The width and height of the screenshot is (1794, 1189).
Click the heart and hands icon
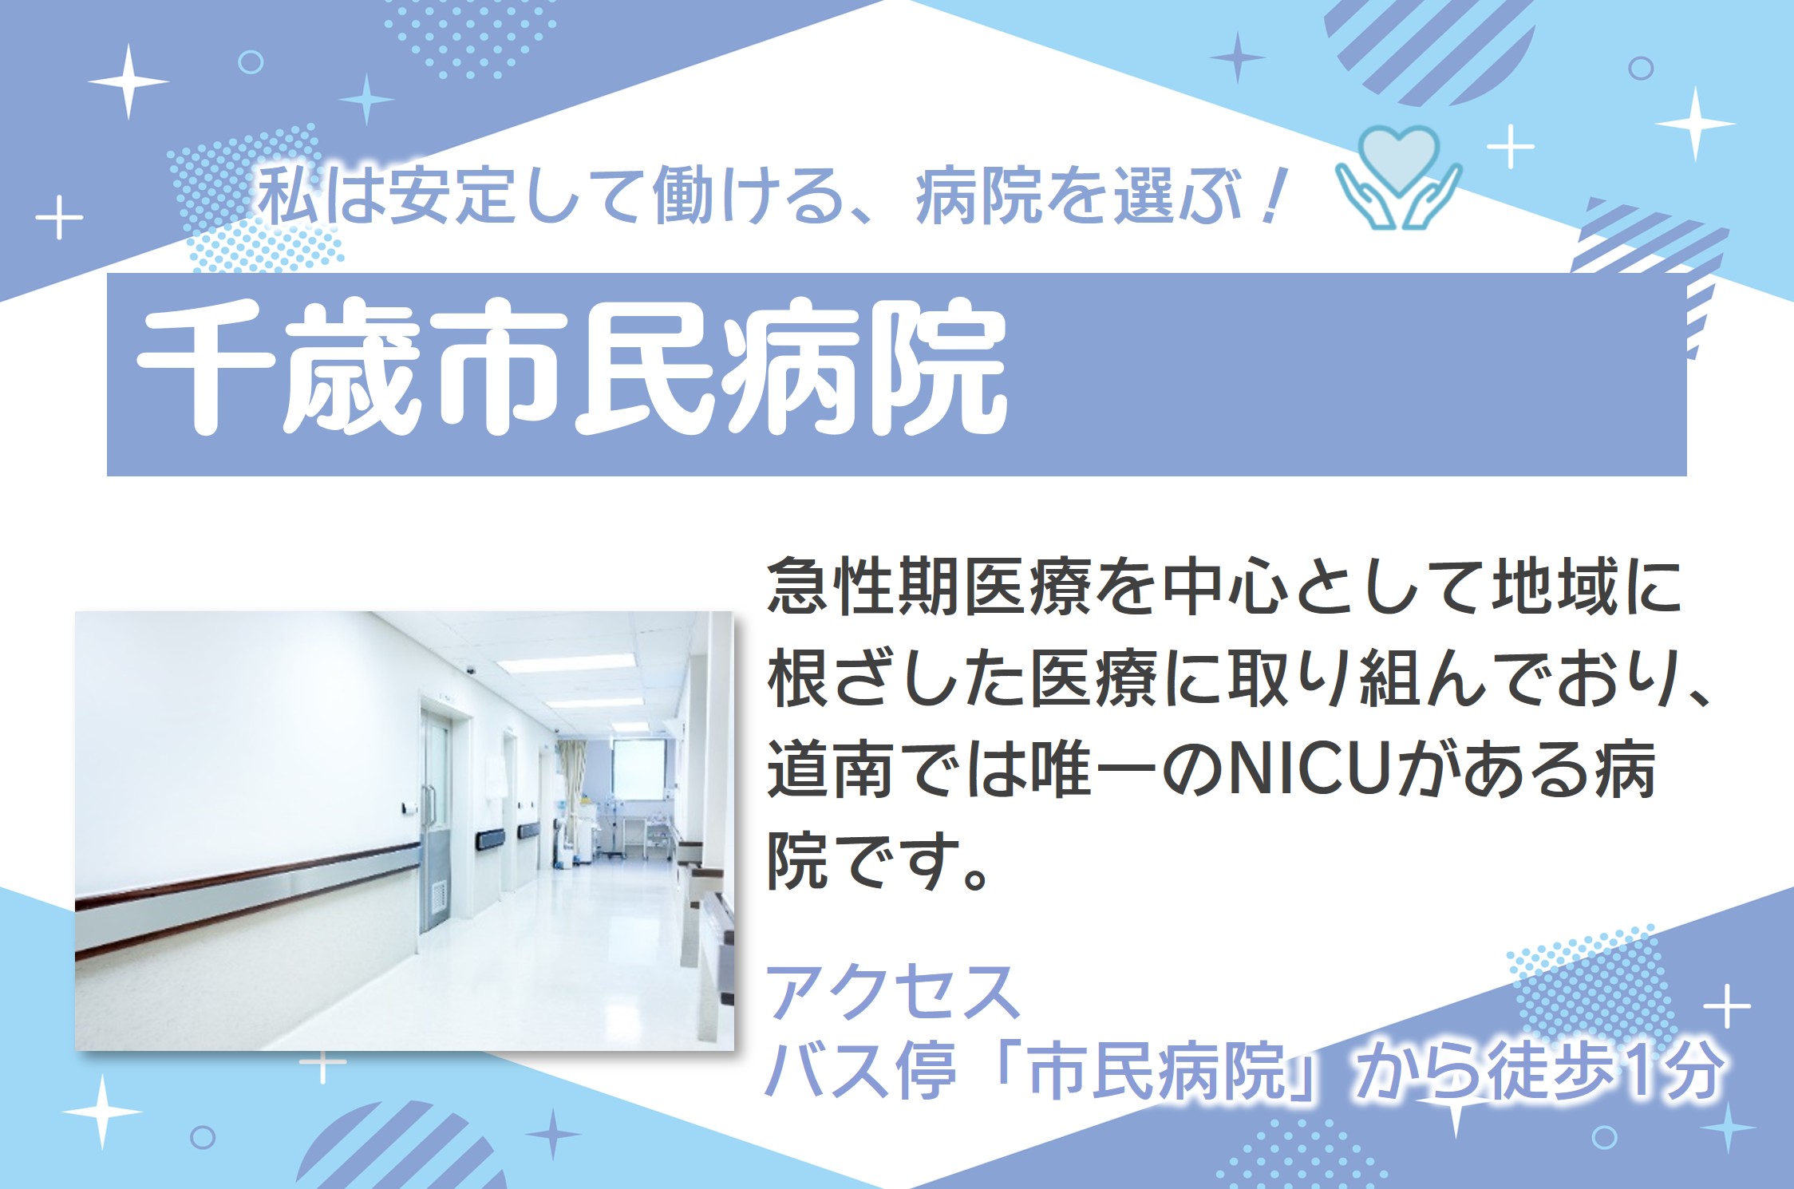tap(1398, 177)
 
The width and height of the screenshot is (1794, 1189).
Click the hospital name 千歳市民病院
tap(571, 369)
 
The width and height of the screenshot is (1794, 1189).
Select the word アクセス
tap(893, 991)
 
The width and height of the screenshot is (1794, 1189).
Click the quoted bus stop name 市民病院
tap(1156, 1070)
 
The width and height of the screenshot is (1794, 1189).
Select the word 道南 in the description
tap(830, 770)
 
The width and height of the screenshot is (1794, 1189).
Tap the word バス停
tap(861, 1070)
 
